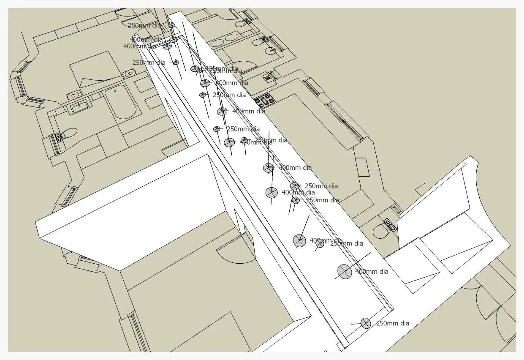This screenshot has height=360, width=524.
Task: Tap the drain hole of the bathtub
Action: pyautogui.click(x=115, y=91)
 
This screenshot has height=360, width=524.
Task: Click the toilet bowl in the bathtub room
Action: pyautogui.click(x=70, y=133)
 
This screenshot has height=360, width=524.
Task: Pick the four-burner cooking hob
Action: pyautogui.click(x=264, y=101)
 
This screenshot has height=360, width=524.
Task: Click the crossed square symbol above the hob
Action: pyautogui.click(x=267, y=78)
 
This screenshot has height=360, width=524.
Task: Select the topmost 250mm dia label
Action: pyautogui.click(x=144, y=25)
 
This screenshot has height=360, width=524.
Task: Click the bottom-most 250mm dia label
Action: pyautogui.click(x=392, y=323)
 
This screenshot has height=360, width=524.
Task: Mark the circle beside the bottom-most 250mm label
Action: pyautogui.click(x=366, y=323)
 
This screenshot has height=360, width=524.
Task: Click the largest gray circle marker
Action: pyautogui.click(x=345, y=272)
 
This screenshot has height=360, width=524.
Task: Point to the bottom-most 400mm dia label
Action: pyautogui.click(x=372, y=272)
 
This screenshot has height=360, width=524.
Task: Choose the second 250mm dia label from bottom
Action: pyautogui.click(x=346, y=243)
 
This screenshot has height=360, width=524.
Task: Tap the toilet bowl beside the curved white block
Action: pyautogui.click(x=381, y=231)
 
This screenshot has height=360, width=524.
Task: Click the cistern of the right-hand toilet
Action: pyautogui.click(x=390, y=224)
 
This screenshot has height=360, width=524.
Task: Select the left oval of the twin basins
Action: pyautogui.click(x=217, y=43)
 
